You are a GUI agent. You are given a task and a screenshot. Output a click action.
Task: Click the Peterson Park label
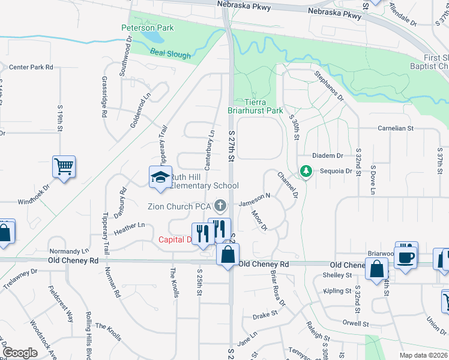(x=147, y=28)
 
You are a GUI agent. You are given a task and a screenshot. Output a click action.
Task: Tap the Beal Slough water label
(x=170, y=55)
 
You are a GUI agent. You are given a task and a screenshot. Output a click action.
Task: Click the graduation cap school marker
(x=160, y=178)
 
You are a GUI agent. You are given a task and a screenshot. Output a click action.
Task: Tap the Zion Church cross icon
(x=220, y=206)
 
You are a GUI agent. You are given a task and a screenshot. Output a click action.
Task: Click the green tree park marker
(x=306, y=172)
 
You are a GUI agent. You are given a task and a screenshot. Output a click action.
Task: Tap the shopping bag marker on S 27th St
(x=228, y=254)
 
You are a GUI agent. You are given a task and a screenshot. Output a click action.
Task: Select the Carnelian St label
(x=396, y=128)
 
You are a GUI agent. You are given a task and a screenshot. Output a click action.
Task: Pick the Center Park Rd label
(x=31, y=67)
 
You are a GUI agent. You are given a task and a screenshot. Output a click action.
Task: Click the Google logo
(x=20, y=353)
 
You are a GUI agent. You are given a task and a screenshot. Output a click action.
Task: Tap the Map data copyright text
(x=423, y=355)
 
